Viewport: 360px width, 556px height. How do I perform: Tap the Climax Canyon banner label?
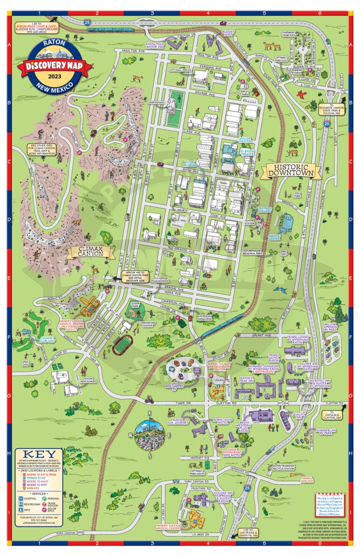point(90,253)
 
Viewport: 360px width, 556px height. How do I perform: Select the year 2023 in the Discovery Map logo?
point(55,76)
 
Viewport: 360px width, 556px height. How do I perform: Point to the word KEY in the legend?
point(39,454)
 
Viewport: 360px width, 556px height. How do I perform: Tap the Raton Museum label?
point(190,165)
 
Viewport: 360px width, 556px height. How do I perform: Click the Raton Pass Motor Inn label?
point(155,45)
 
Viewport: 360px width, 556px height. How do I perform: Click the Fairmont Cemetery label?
point(292,34)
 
